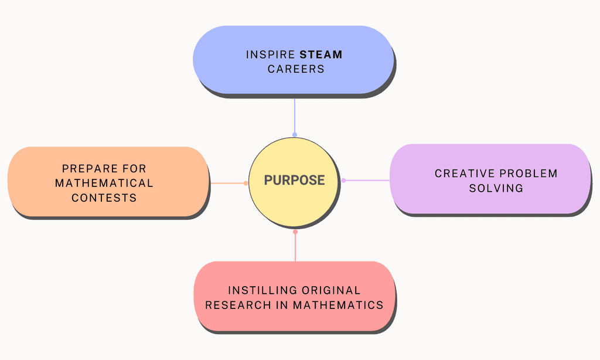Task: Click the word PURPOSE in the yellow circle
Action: tap(294, 180)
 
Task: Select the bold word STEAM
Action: tap(321, 55)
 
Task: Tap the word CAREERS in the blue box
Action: tap(296, 69)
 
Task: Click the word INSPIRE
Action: tap(271, 55)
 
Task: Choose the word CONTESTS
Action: tap(104, 198)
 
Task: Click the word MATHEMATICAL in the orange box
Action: tap(104, 183)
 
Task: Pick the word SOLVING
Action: tap(496, 188)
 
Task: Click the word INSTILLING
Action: tap(261, 290)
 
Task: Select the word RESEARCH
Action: tap(238, 305)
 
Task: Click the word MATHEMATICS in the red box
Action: tap(338, 305)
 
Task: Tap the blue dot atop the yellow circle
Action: tap(295, 134)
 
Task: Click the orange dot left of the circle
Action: tap(246, 183)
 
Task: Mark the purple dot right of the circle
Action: tap(343, 181)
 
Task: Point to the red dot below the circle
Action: tap(295, 232)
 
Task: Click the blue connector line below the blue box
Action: tap(295, 116)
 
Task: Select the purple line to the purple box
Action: tap(367, 181)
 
